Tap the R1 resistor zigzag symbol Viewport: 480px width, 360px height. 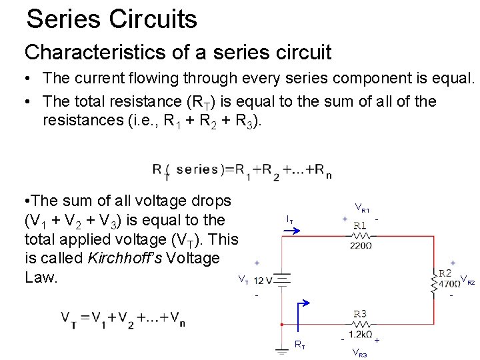359,235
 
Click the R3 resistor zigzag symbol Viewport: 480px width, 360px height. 360,324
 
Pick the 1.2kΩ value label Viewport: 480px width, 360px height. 360,334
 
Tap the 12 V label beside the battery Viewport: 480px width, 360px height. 263,281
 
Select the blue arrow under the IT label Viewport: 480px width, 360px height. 291,229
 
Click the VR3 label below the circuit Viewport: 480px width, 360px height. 359,353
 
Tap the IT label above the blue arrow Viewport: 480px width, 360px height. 290,218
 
